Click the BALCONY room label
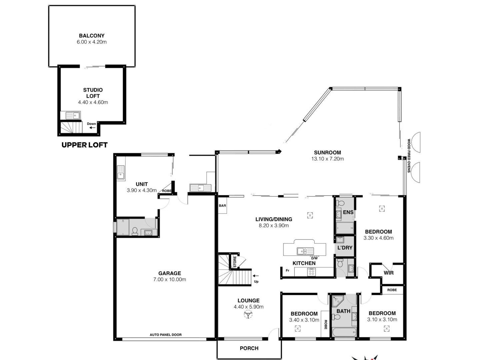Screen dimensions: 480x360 point(92,36)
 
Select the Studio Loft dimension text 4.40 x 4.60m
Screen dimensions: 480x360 point(93,102)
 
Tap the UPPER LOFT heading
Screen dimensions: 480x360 point(85,145)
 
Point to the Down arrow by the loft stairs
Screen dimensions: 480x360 point(92,128)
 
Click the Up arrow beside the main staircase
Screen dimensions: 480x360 point(256,276)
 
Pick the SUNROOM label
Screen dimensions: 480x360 point(327,153)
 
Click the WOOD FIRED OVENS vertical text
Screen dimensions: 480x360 point(409,156)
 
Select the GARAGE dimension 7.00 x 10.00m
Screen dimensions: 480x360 point(170,279)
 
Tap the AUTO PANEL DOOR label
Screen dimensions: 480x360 point(166,335)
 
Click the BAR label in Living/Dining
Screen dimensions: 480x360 point(222,206)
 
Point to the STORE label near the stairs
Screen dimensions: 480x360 point(235,262)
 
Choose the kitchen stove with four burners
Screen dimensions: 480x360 point(311,272)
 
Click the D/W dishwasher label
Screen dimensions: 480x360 point(314,258)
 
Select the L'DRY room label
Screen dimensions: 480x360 point(345,248)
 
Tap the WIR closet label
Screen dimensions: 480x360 point(389,273)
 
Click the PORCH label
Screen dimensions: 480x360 point(249,348)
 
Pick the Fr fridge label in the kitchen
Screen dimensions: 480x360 point(288,270)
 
